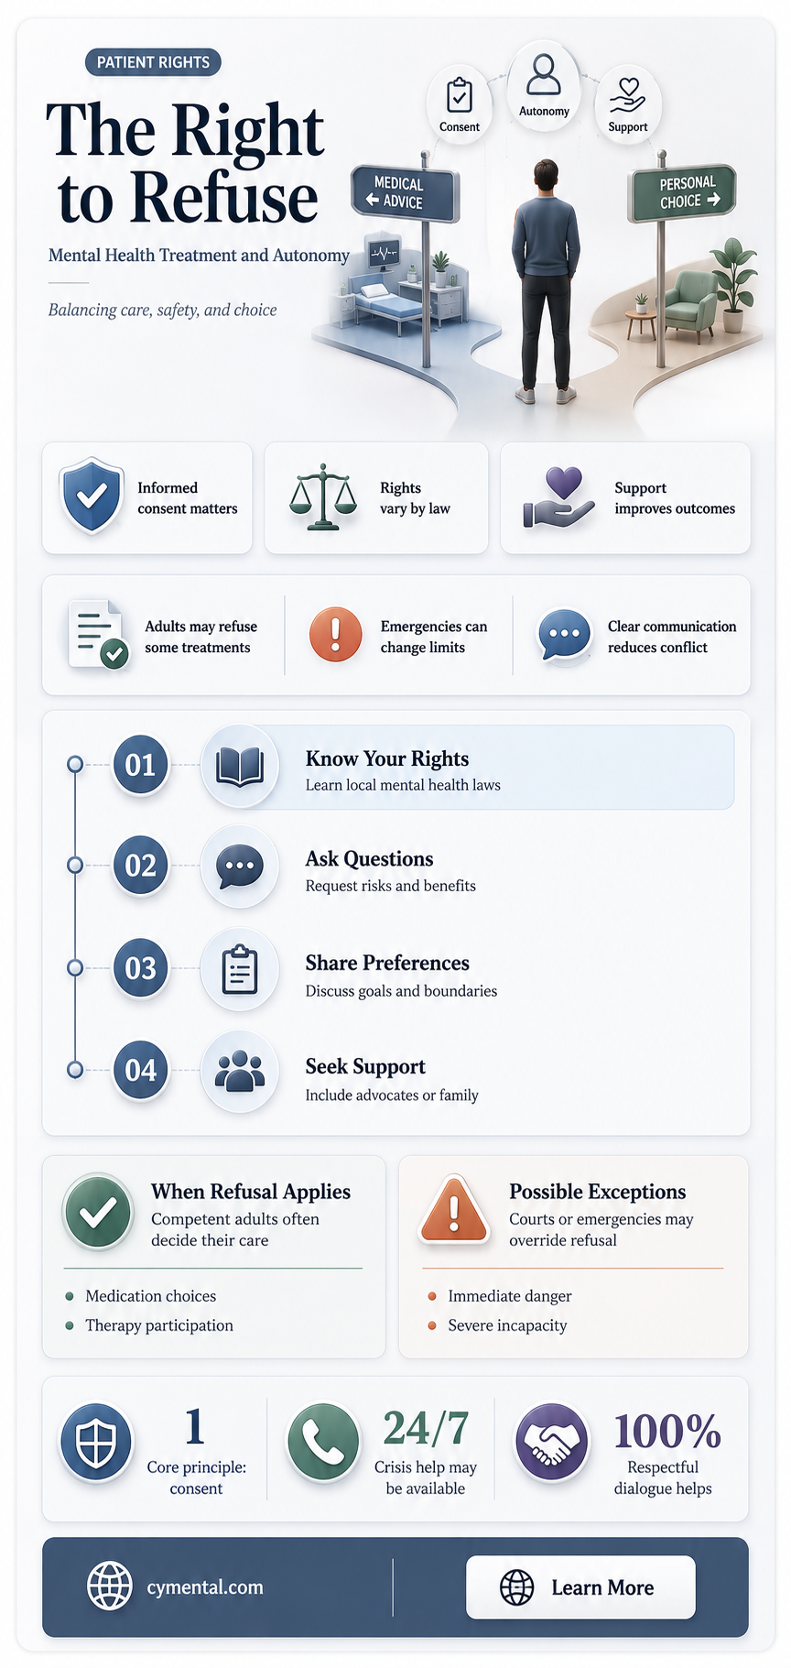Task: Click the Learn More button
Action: [x=580, y=1586]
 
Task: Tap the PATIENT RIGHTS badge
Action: [x=153, y=62]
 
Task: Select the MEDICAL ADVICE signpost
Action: [x=405, y=193]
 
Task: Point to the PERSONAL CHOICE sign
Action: [x=683, y=192]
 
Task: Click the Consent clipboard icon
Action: [x=459, y=95]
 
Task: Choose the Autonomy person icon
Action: [x=544, y=75]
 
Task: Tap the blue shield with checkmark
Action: [x=91, y=496]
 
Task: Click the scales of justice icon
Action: [x=322, y=496]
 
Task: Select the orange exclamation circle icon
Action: [x=335, y=634]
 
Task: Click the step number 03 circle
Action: [x=140, y=967]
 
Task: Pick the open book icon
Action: [x=239, y=766]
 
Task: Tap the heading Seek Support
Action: [x=365, y=1066]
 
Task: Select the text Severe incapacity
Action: [x=507, y=1325]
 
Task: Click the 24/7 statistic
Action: [x=426, y=1427]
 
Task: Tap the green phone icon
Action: [x=323, y=1442]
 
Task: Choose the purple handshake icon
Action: [x=551, y=1443]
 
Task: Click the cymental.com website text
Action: [x=205, y=1586]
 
